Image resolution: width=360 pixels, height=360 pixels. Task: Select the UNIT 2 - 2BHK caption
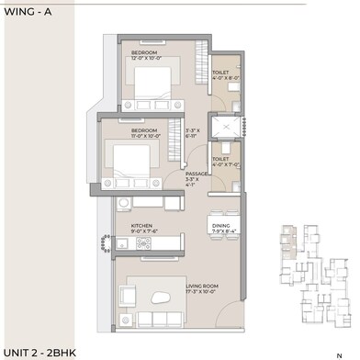point(39,352)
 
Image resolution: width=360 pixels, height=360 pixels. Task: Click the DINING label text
point(221,225)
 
